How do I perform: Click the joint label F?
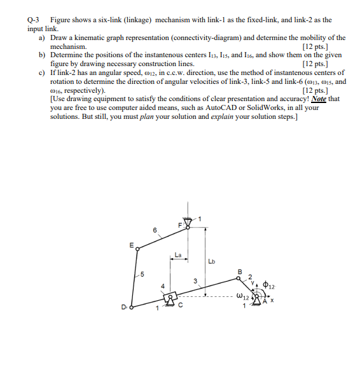pyautogui.click(x=181, y=226)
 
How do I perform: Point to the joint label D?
pyautogui.click(x=124, y=309)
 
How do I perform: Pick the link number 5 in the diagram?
pyautogui.click(x=142, y=275)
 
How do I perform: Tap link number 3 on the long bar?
pyautogui.click(x=195, y=280)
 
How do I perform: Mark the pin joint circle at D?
pyautogui.click(x=132, y=310)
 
